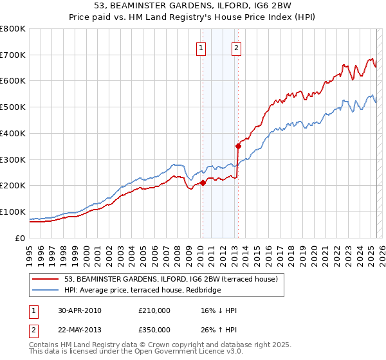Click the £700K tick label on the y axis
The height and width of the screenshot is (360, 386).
click(x=13, y=55)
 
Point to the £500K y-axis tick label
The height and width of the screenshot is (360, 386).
click(x=13, y=107)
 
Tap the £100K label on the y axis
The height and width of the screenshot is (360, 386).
click(x=13, y=212)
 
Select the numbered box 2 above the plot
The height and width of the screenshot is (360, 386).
click(x=237, y=47)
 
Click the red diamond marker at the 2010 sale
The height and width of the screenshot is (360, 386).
click(x=203, y=183)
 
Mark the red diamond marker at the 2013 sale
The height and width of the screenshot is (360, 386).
click(x=237, y=146)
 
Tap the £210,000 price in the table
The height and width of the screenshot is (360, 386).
click(x=154, y=310)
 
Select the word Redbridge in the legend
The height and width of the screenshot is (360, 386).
click(x=203, y=291)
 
